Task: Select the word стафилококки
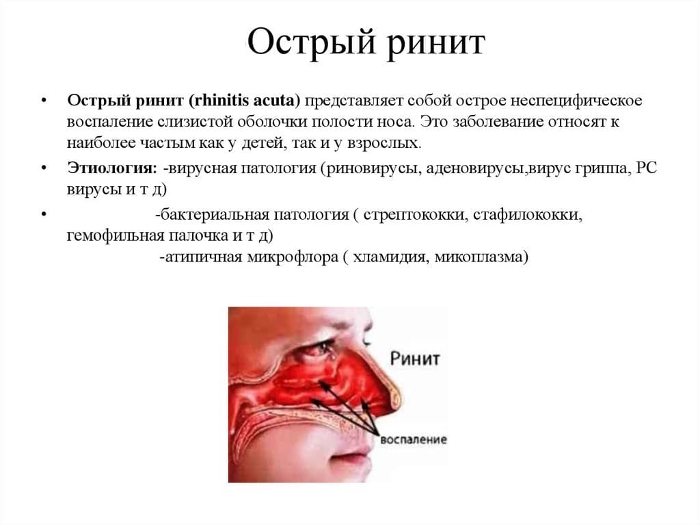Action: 528,215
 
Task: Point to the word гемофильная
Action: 116,235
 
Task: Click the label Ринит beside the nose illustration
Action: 415,358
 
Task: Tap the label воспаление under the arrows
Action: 414,439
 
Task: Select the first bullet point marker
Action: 43,99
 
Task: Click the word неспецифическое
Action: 576,100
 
